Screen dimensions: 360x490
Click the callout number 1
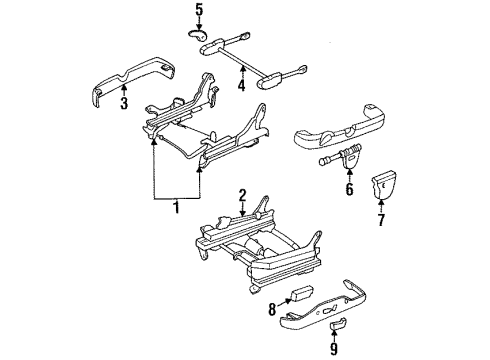coord(177,210)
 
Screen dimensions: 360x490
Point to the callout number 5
coord(199,11)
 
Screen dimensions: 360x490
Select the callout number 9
coord(334,350)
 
